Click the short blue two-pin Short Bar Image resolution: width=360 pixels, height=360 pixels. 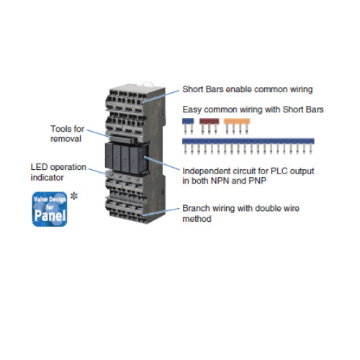coord(188,126)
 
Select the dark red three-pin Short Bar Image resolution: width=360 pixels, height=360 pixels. coord(210,126)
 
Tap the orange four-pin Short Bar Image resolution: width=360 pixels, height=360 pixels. coord(237,126)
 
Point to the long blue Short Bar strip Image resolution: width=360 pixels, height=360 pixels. coord(248,146)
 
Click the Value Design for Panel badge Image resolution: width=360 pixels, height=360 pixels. coord(50,209)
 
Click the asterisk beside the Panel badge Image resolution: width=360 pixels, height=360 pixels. coord(74,197)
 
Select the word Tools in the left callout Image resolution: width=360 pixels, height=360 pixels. coord(61,129)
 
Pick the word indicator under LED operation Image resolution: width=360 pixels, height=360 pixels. coord(47,178)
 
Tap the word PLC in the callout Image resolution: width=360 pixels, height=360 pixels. coord(279,171)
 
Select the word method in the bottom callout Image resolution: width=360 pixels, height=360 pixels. coord(197,219)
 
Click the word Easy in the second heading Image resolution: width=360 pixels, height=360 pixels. coord(192,109)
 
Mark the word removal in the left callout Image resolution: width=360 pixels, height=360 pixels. coord(66,139)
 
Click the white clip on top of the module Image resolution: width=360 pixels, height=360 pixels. coord(148,84)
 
